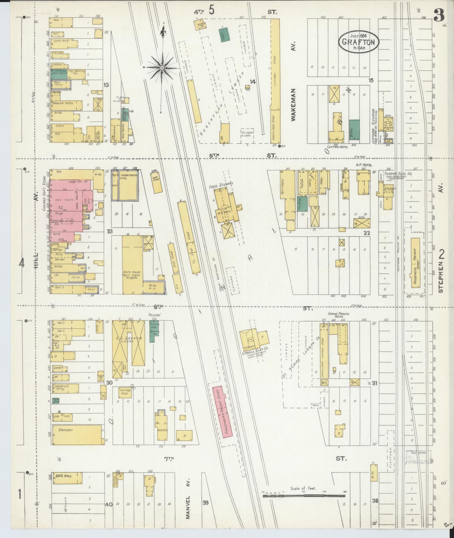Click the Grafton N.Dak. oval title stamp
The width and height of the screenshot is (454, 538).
coord(358,42)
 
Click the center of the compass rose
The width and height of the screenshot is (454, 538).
coord(162,68)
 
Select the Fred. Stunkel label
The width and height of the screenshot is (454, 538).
coord(224,183)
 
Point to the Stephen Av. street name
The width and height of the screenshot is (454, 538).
coord(441,277)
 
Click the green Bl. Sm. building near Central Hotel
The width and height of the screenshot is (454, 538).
coord(354,130)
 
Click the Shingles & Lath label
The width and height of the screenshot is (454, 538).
coord(247,134)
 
